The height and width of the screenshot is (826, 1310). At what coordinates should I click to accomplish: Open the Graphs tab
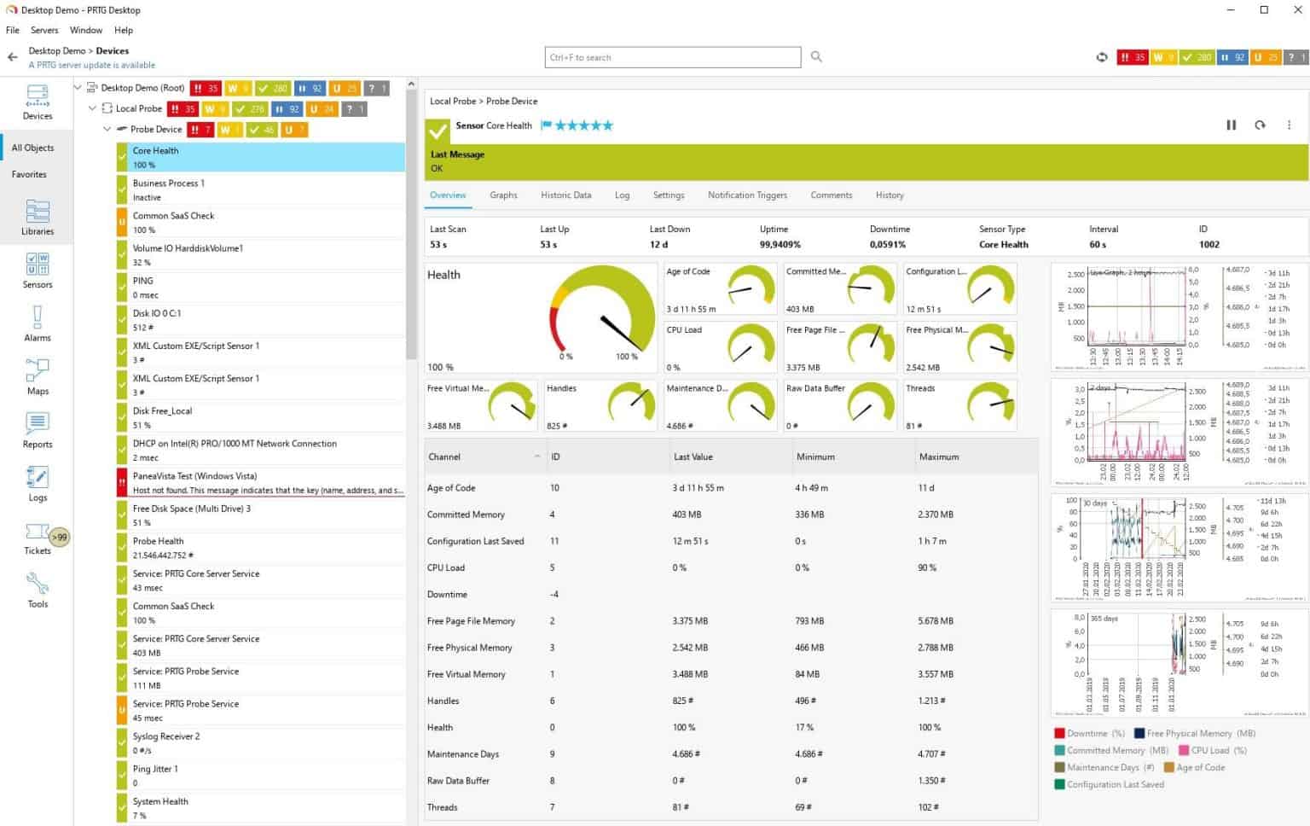coord(503,195)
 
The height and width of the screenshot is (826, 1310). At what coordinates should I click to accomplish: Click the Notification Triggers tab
coord(747,195)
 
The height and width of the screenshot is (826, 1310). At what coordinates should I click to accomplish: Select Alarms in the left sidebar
coord(38,325)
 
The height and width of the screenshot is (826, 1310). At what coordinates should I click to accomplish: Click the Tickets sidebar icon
coord(38,538)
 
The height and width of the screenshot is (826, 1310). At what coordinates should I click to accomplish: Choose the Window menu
coord(86,30)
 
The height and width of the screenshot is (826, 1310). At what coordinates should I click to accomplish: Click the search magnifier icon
coord(816,57)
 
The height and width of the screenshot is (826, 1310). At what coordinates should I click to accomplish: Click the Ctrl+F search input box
coord(672,57)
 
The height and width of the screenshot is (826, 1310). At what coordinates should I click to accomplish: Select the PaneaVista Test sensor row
coord(260,483)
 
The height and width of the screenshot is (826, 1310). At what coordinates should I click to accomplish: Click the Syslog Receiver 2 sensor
coord(260,743)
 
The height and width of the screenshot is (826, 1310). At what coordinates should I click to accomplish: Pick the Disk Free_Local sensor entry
coord(260,418)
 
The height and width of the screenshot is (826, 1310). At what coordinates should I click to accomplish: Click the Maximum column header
coord(939,457)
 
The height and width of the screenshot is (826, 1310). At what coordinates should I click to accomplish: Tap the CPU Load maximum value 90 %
coord(927,568)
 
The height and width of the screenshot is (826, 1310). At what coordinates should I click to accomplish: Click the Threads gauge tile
coord(959,406)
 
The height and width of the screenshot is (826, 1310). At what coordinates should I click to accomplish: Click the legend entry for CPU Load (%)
coord(1217,751)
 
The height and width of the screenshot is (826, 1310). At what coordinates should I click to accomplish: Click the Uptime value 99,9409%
coord(780,245)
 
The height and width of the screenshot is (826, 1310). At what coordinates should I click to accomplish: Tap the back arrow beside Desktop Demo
coord(12,57)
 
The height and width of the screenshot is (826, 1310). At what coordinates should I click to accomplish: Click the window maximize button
coord(1264,10)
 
